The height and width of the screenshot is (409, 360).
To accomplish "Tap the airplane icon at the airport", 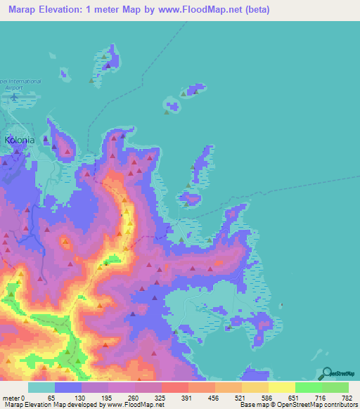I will point(13,97).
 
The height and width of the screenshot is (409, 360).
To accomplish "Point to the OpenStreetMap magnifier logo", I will point(327,373).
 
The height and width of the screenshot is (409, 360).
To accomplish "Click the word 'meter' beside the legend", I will point(11,398).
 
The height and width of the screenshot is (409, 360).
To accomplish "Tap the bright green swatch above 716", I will point(309,387).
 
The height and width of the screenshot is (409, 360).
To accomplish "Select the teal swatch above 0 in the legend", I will point(41,387).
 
